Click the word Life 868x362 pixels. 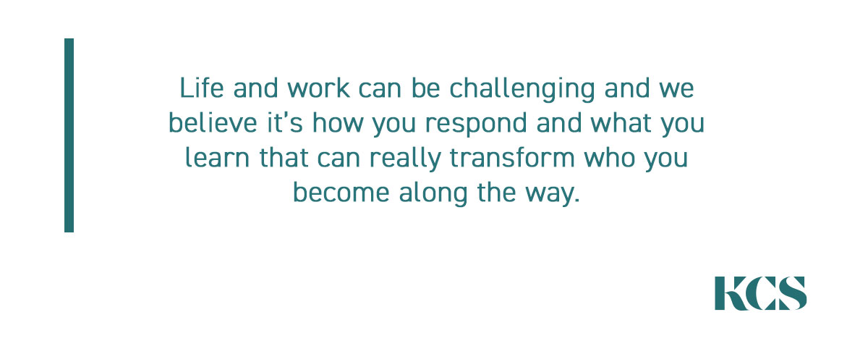point(202,88)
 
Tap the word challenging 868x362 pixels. point(522,90)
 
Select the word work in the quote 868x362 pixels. point(318,88)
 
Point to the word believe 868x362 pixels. point(213,122)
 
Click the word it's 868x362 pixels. point(285,122)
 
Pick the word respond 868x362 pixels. point(476,124)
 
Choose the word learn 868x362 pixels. point(218,158)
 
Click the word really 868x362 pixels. point(405,159)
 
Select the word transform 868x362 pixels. point(512,158)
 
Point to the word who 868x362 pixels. point(609,158)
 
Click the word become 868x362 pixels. point(341,193)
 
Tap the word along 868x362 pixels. point(433,194)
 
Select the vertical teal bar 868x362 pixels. point(69,135)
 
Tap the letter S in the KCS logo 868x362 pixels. point(793,293)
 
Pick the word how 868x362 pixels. point(338,122)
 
